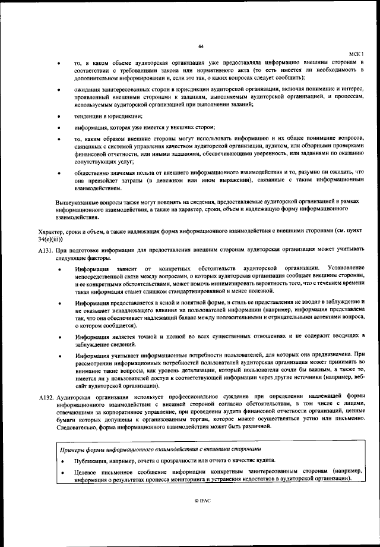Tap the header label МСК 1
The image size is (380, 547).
pyautogui.click(x=355, y=54)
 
